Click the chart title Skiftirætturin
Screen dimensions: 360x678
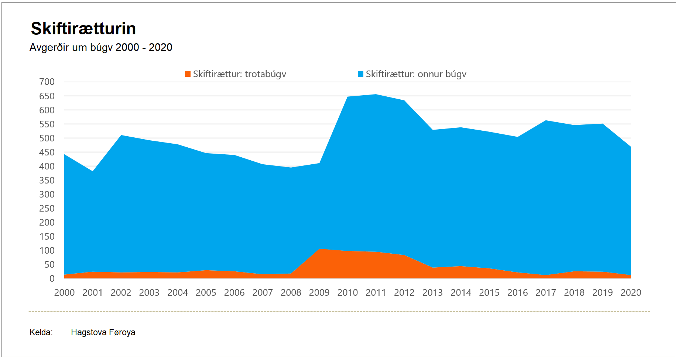pos(83,29)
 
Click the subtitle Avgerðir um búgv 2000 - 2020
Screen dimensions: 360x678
pos(101,48)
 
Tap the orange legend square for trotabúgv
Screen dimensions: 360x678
pos(188,74)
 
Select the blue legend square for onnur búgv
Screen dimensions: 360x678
pos(361,74)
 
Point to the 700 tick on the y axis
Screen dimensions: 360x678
pos(47,82)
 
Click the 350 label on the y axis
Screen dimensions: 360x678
pos(47,180)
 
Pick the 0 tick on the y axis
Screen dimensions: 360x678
pos(52,279)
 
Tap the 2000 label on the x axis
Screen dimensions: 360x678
pos(64,293)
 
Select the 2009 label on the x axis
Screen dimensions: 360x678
pos(319,293)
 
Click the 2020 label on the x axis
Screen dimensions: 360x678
pos(631,293)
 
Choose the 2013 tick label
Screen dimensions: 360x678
pos(432,293)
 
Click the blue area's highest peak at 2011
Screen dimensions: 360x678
pos(376,95)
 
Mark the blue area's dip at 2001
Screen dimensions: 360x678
pos(93,172)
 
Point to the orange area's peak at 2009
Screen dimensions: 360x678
pos(319,249)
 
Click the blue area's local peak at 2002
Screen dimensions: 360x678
pos(121,136)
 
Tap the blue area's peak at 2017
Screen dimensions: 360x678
pos(546,121)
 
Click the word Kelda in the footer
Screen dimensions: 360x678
pos(41,333)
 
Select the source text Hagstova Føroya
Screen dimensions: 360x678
pos(103,333)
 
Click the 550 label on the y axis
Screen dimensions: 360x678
pos(47,124)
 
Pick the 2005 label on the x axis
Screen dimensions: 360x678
pos(206,293)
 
